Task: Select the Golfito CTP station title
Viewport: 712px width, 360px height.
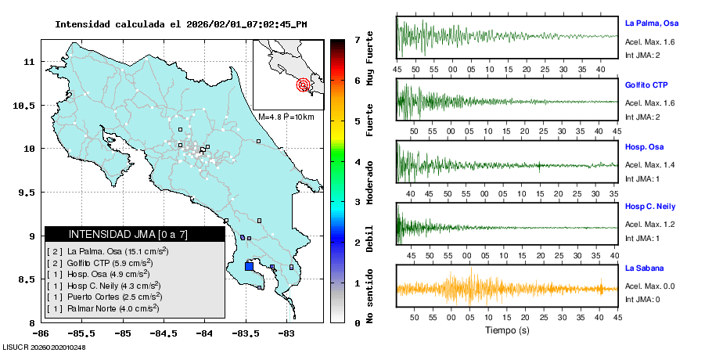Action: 646,85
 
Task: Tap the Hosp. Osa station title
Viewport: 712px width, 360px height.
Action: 645,146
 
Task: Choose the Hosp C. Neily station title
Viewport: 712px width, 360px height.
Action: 651,207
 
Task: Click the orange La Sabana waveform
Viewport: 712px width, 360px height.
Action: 507,288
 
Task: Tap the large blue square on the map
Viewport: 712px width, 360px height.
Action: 249,266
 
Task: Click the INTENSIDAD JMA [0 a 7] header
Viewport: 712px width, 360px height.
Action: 128,234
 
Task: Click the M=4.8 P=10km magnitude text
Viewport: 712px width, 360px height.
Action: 286,117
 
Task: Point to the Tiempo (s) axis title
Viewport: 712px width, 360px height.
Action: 506,329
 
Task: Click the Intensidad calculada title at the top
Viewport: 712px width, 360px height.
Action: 180,24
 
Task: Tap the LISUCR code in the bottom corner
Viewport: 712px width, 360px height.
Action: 44,347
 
